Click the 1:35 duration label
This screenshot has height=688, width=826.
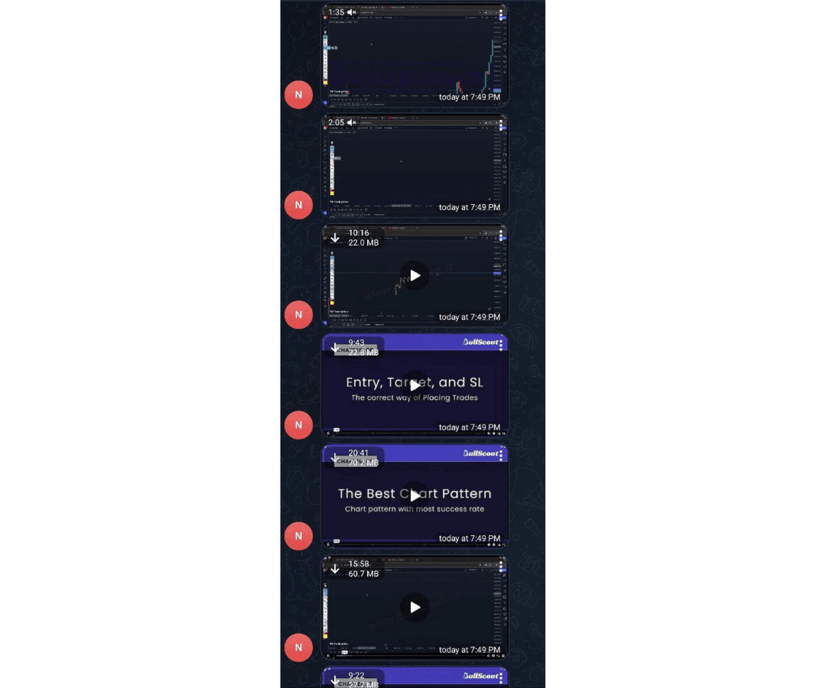(x=337, y=12)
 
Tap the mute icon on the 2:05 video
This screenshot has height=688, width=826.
(x=352, y=122)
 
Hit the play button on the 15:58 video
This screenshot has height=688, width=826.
(x=415, y=607)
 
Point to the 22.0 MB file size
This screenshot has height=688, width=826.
(x=363, y=243)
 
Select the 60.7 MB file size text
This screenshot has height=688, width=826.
(x=363, y=574)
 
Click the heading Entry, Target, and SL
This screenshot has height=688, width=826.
(x=414, y=382)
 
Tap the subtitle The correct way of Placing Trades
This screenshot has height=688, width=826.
(x=414, y=398)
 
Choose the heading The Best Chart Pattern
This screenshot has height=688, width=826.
(x=414, y=494)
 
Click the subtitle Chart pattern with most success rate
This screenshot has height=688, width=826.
(x=414, y=509)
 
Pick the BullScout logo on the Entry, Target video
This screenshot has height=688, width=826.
(x=481, y=342)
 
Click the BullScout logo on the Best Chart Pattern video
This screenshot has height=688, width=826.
(x=481, y=453)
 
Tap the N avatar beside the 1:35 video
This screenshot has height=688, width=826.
(x=298, y=95)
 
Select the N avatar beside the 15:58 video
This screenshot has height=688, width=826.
(x=298, y=647)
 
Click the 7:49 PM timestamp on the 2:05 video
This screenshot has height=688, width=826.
(x=470, y=207)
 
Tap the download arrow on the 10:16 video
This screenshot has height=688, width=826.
(x=335, y=238)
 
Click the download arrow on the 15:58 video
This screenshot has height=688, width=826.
(x=335, y=569)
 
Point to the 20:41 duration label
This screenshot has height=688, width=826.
(x=359, y=453)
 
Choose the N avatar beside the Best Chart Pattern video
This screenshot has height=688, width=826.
(x=298, y=536)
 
